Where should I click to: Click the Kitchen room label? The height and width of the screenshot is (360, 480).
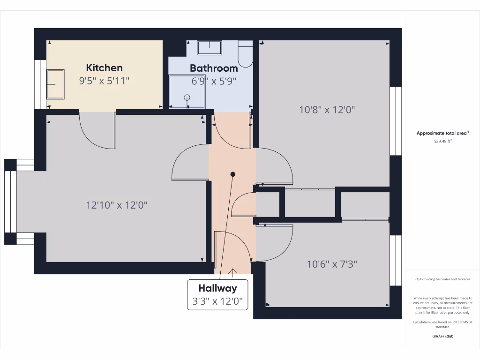[x=104, y=68]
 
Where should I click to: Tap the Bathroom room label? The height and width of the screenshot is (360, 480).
[x=214, y=68]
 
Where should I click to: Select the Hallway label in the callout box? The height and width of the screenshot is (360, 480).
[x=217, y=288]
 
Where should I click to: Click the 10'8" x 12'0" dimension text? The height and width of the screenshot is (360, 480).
[x=327, y=110]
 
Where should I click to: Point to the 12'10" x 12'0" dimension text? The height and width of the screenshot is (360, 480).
[x=120, y=205]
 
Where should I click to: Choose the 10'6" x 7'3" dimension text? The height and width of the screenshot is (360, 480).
[x=332, y=264]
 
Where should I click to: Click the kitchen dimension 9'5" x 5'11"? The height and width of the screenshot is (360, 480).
[x=104, y=81]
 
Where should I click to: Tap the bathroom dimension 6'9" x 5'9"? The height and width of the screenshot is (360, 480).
[x=214, y=81]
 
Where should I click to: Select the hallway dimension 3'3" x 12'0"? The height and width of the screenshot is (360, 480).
[x=217, y=301]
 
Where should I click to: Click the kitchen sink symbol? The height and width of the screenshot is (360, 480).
[x=55, y=84]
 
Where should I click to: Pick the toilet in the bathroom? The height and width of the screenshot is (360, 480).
[x=245, y=54]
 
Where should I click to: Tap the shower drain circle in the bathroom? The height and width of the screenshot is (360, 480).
[x=187, y=97]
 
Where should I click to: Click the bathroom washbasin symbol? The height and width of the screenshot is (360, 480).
[x=209, y=47]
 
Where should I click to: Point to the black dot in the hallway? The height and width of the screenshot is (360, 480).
[x=232, y=174]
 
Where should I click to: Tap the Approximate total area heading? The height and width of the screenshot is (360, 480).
[x=435, y=134]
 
